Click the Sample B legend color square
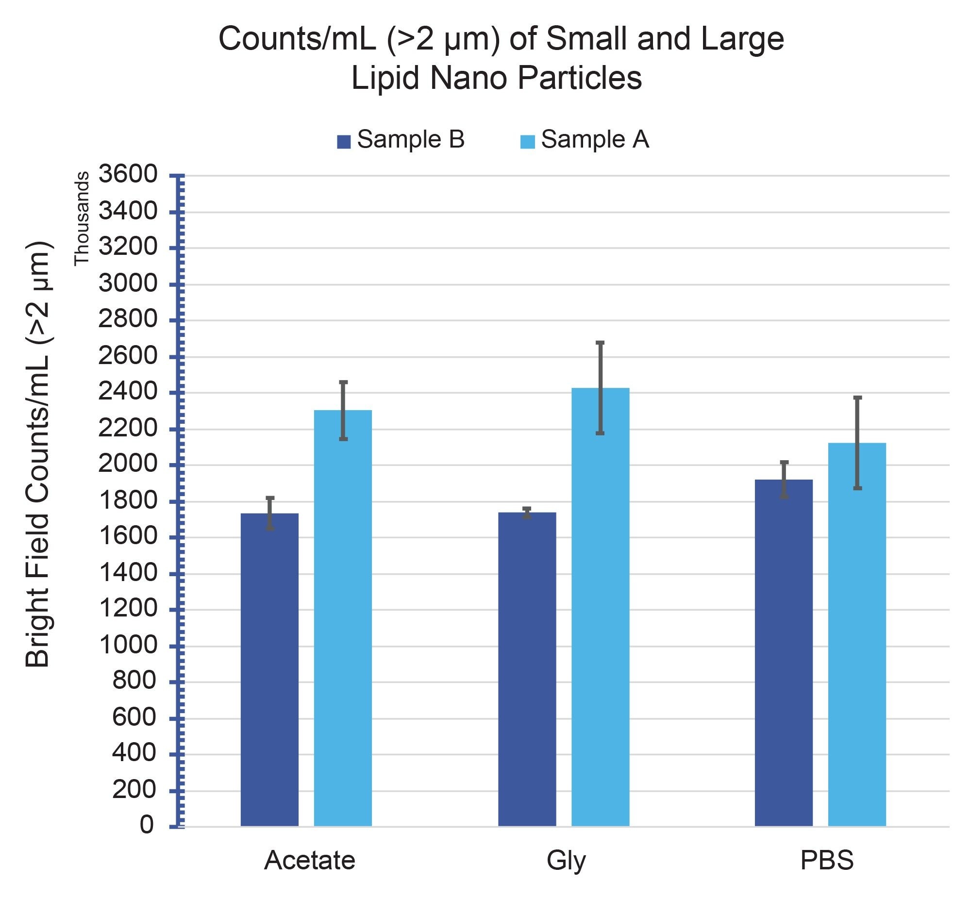(344, 141)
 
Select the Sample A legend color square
(527, 141)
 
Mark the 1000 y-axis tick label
(128, 645)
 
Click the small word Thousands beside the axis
(82, 218)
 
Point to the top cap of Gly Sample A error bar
(600, 343)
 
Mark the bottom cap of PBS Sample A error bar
(857, 488)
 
